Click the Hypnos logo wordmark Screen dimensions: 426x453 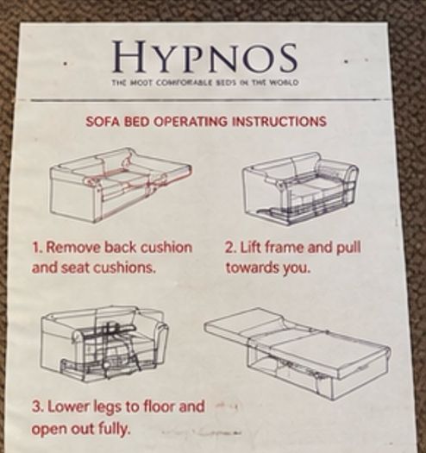[x=204, y=57]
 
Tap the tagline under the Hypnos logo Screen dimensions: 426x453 [x=204, y=83]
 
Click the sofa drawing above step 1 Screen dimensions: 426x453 [x=121, y=186]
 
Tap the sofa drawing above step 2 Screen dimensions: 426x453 [x=301, y=188]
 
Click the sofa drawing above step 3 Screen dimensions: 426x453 [x=104, y=343]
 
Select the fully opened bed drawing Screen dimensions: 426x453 [x=298, y=353]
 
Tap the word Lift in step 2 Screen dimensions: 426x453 [x=251, y=248]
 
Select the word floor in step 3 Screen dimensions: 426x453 [x=160, y=406]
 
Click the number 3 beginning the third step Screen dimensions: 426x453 [x=36, y=407]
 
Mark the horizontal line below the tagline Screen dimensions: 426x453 [x=204, y=100]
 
